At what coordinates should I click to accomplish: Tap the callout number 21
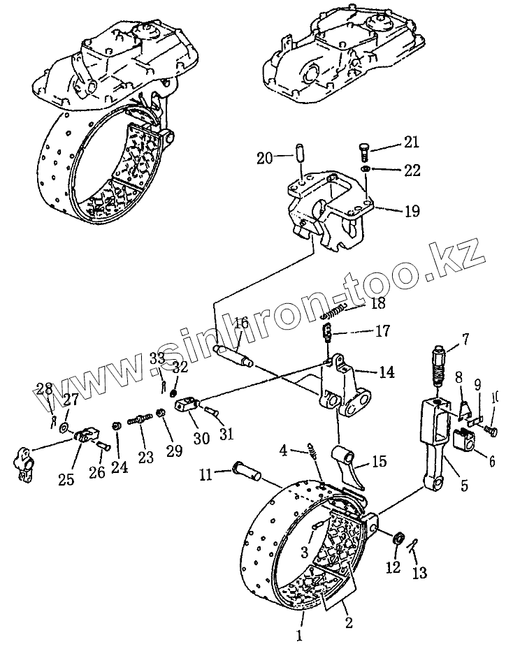tap(411, 143)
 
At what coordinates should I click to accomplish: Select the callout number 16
tap(241, 323)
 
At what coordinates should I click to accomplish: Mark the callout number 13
tap(419, 573)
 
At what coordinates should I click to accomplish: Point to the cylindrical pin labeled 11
tap(241, 474)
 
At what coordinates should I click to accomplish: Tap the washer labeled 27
tap(64, 426)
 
